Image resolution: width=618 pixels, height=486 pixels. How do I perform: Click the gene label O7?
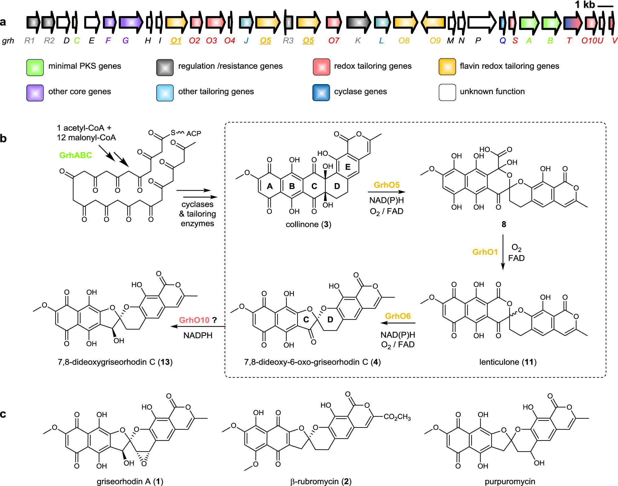point(334,40)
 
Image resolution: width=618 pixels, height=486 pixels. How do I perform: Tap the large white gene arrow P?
point(481,22)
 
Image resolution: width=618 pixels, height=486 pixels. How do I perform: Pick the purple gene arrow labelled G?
point(131,22)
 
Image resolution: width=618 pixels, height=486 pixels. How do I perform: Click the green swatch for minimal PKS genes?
point(35,67)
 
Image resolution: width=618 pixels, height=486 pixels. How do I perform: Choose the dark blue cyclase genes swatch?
point(321,92)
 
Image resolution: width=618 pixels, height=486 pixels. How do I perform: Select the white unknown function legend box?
point(447,92)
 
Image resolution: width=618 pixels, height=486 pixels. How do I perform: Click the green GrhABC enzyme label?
point(75,155)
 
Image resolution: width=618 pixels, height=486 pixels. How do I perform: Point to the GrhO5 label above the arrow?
point(387,185)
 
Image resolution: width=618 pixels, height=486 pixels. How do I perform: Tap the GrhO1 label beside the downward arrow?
point(485,252)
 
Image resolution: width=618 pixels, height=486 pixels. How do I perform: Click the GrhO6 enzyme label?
point(398,316)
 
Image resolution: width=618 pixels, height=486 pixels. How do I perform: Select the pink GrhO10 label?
point(194,320)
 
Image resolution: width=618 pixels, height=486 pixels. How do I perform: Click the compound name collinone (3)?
point(308,224)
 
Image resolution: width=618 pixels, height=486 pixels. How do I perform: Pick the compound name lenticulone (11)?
point(508,362)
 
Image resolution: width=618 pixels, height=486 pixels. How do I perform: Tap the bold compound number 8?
point(504,224)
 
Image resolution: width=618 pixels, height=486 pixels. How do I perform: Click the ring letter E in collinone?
point(348,167)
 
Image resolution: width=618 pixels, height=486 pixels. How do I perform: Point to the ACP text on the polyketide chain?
point(194,134)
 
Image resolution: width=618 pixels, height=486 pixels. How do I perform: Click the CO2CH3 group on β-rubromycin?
point(397,417)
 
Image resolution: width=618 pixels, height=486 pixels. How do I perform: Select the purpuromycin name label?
point(510,481)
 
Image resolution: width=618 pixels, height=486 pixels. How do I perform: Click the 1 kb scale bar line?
point(605,6)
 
